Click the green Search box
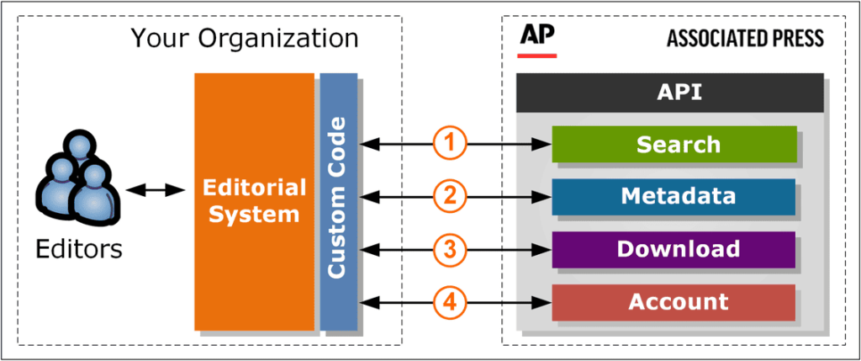click(673, 144)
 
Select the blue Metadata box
click(673, 197)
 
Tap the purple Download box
click(673, 249)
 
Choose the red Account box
click(673, 302)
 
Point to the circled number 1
click(450, 144)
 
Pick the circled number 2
click(450, 197)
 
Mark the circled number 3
click(450, 249)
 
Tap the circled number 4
click(450, 302)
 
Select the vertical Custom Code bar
click(338, 202)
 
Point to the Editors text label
click(80, 249)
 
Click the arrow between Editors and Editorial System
click(156, 191)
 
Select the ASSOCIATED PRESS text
click(745, 39)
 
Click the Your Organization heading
click(244, 38)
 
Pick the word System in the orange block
click(254, 214)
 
